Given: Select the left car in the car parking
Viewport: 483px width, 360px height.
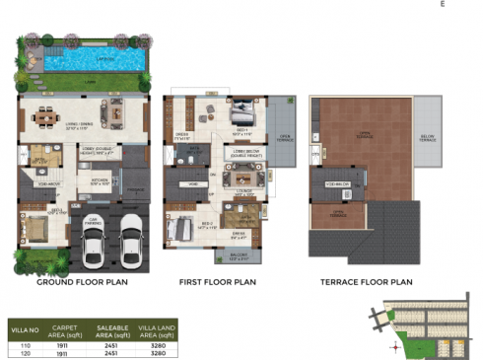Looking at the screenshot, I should point(95,243).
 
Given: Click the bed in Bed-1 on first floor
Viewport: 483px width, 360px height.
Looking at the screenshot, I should point(244,109).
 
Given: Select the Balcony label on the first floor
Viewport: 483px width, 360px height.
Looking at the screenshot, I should point(238,255).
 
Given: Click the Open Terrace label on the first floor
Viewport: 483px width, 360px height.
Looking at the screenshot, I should point(285,136).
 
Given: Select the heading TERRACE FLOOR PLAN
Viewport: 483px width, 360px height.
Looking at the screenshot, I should point(367,281).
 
